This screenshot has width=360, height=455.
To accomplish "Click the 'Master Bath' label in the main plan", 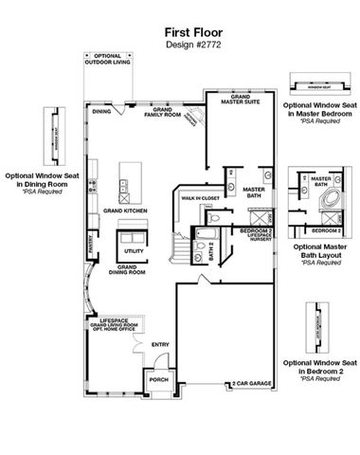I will coord(253,191).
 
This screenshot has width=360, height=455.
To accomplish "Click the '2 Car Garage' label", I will coord(251,384).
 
